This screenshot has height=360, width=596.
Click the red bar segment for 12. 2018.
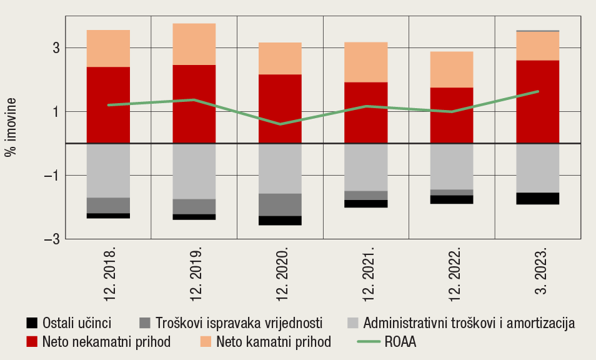coord(108,105)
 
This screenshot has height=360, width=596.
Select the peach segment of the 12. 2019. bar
coord(194,44)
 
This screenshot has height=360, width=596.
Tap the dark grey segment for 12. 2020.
coord(280,204)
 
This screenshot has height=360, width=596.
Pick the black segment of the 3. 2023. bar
coord(537,198)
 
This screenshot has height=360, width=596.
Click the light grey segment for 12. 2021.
coord(366,167)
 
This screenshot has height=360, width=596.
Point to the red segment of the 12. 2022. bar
coord(452,115)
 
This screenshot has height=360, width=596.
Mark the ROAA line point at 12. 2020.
coord(280,124)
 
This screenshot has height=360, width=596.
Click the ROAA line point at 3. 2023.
coord(537,91)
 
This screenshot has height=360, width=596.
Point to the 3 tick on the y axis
coord(56,48)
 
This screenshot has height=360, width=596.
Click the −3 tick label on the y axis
coord(52,239)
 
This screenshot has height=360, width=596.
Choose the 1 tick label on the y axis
coord(56,112)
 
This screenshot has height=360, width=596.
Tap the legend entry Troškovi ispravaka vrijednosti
coord(237,323)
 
